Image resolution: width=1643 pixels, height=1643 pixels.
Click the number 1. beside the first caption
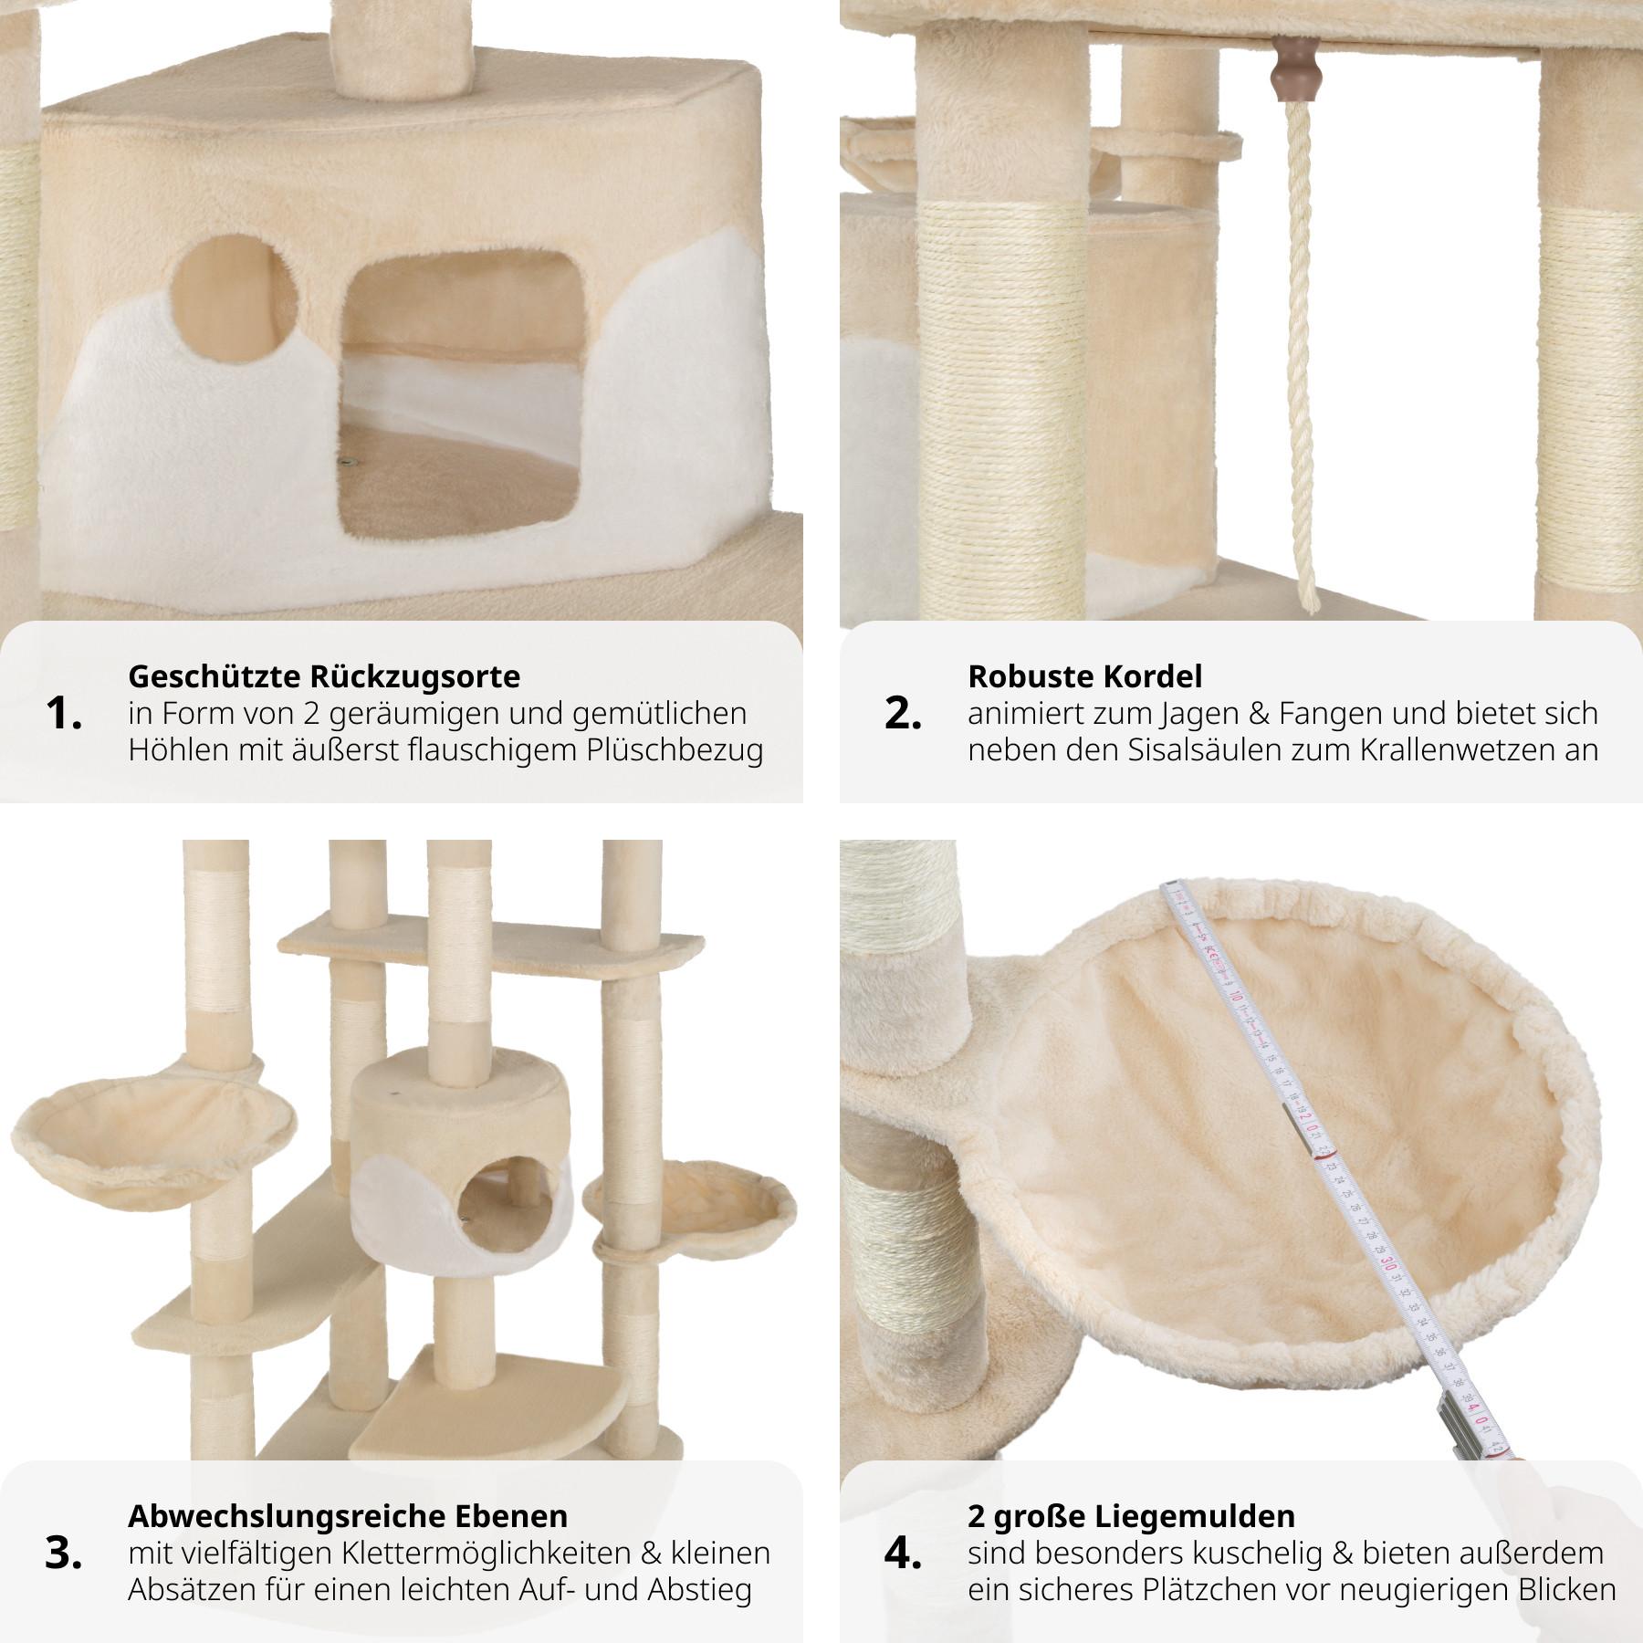click(x=63, y=715)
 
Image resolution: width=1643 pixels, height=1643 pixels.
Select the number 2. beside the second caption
click(x=903, y=715)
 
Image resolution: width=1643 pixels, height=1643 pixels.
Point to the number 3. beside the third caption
click(x=63, y=1554)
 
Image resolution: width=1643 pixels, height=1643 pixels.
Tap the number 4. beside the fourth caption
click(x=903, y=1554)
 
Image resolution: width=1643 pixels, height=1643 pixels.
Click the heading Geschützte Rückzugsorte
click(x=324, y=676)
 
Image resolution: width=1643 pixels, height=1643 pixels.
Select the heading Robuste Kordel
click(x=1085, y=676)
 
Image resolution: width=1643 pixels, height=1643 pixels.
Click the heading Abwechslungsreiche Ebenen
click(x=348, y=1516)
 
